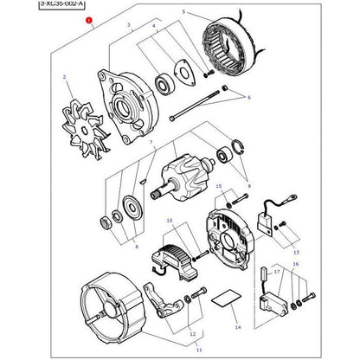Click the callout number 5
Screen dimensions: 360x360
[183, 11]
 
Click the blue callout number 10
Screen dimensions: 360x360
[170, 221]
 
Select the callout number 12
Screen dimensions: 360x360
[192, 333]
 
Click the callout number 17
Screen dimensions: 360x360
[278, 272]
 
